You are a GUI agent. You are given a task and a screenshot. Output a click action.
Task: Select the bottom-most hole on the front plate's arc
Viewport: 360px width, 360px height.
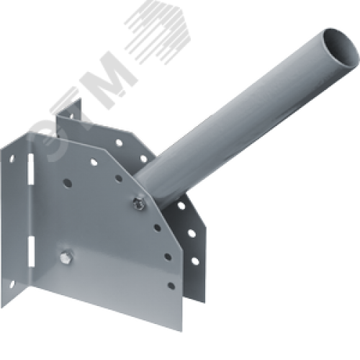click(x=168, y=256)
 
